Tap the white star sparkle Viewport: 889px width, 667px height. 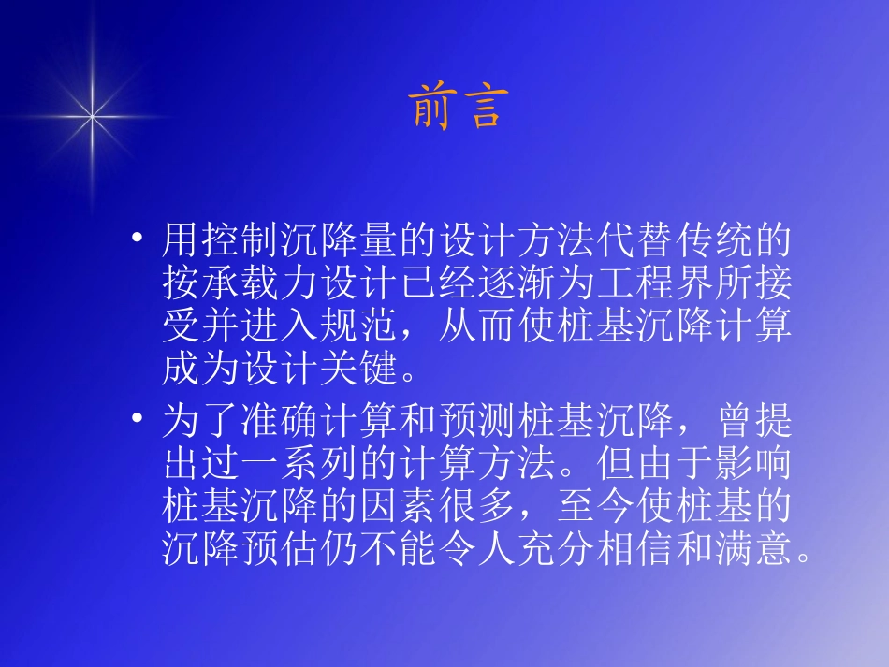coord(93,116)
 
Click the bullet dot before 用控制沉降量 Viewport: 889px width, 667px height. coord(138,242)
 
